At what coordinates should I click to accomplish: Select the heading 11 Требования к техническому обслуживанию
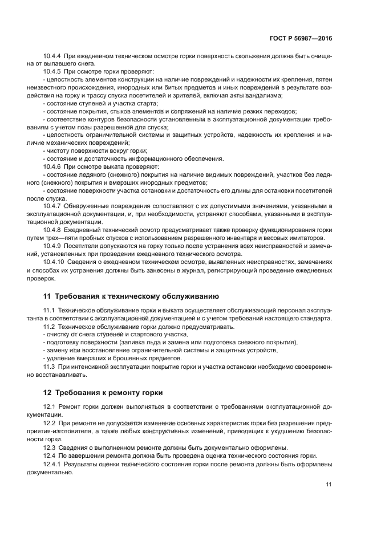131,296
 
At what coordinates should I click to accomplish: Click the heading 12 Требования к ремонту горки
103,393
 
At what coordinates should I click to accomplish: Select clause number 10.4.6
53,166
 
